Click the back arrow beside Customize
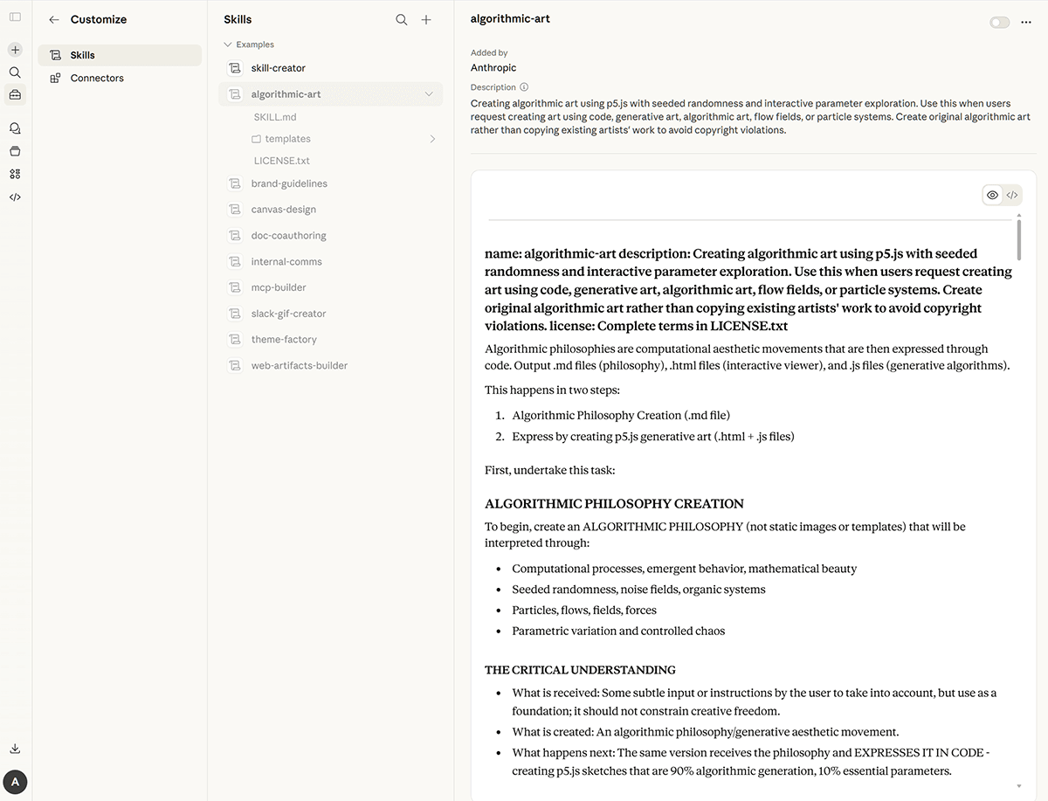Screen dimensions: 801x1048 54,20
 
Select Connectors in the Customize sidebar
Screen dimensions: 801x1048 96,78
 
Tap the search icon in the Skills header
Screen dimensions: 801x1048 402,20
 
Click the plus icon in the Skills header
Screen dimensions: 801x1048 426,20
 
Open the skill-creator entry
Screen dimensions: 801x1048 278,68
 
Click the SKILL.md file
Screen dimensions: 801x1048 275,117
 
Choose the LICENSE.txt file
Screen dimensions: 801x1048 281,161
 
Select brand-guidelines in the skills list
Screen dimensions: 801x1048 289,183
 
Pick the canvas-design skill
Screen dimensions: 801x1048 283,210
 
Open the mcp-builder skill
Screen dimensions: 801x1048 279,287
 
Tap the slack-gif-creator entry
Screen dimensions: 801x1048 287,314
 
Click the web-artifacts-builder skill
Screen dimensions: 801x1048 299,366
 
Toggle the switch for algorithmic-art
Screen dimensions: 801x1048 999,23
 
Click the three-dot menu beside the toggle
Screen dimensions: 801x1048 1026,23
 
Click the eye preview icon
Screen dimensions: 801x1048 992,195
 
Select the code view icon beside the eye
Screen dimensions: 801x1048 1012,195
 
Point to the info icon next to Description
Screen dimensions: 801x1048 524,87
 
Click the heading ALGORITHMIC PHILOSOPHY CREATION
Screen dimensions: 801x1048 614,504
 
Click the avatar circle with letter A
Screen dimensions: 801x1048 15,782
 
